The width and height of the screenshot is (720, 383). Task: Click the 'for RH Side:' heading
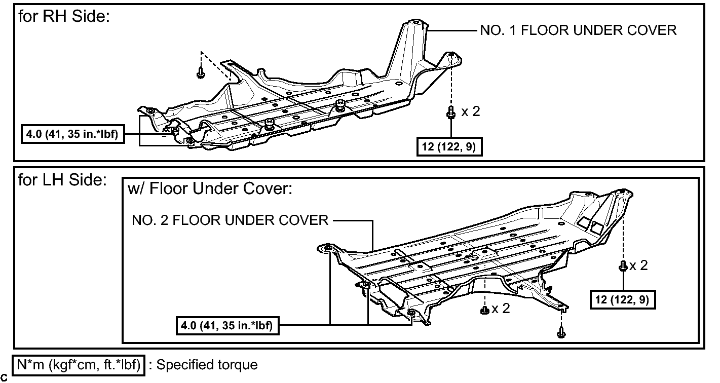tap(64, 16)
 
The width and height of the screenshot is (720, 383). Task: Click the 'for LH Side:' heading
tap(62, 180)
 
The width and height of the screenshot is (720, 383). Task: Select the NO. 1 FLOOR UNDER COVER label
tap(578, 30)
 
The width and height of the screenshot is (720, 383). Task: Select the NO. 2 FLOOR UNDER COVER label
tap(230, 220)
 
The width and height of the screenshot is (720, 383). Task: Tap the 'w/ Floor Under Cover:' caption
tap(210, 188)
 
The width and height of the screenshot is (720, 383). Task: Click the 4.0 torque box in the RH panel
tap(72, 134)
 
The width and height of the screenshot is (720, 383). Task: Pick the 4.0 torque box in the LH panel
tap(228, 325)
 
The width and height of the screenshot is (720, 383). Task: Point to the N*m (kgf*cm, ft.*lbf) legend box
tap(79, 365)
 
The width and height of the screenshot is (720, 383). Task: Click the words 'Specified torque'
tap(207, 365)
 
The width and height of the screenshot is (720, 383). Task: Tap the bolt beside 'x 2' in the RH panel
tap(451, 112)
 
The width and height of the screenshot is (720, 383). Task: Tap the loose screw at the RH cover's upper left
tap(201, 72)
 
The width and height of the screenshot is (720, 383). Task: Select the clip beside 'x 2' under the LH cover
tap(484, 310)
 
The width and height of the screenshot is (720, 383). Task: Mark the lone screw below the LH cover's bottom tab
tap(561, 332)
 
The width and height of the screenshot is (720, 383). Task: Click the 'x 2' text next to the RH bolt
tap(471, 111)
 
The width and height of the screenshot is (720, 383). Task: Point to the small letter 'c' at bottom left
tap(4, 378)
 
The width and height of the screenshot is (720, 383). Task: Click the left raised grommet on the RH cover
tap(269, 124)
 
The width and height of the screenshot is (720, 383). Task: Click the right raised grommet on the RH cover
tap(340, 105)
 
